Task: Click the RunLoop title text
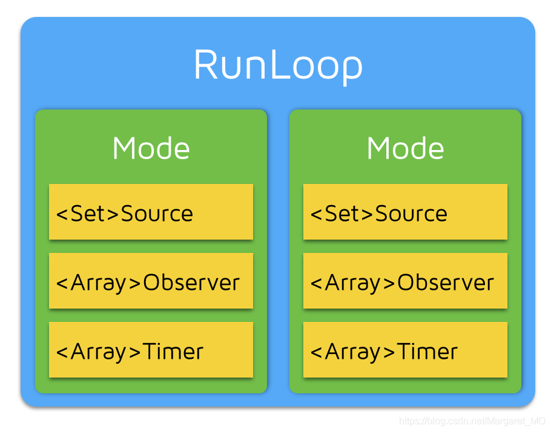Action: [278, 65]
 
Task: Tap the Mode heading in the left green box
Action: [151, 148]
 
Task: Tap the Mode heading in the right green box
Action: [405, 148]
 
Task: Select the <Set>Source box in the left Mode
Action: [151, 212]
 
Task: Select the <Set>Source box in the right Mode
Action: [405, 212]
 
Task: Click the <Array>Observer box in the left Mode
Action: [151, 281]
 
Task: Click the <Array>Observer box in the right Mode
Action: [405, 281]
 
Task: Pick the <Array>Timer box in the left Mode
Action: [151, 350]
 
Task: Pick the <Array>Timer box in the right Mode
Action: [405, 350]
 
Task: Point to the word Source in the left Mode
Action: [157, 214]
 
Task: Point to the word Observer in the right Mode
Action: [446, 283]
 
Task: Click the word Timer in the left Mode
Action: [173, 352]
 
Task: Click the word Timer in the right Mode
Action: [427, 352]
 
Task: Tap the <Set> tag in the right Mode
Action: [342, 214]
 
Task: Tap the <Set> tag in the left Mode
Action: [88, 214]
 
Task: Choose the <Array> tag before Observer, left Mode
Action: [99, 283]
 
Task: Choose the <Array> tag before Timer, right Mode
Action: [353, 352]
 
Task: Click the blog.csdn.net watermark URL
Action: [472, 421]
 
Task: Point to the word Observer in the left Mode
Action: [191, 283]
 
